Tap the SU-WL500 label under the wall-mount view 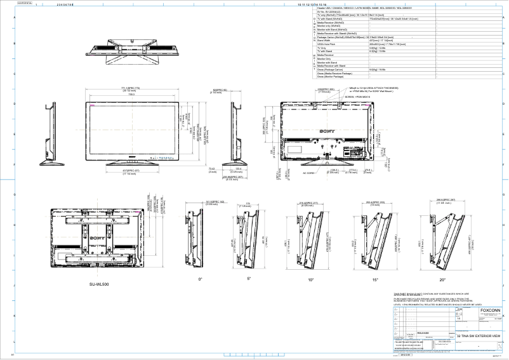(99, 285)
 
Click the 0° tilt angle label (201, 279)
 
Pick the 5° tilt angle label (249, 279)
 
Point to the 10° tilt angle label (311, 279)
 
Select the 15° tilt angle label (376, 279)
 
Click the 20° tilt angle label (442, 279)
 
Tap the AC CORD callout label (310, 173)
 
